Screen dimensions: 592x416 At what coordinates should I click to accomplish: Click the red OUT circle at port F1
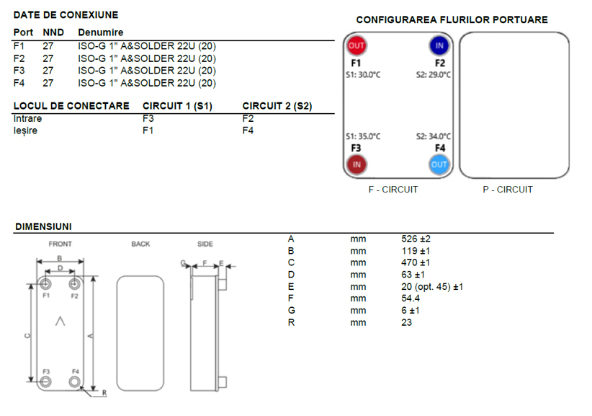356,45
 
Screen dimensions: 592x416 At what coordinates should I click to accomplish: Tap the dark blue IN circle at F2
439,45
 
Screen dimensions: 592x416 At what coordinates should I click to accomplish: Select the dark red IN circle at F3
356,164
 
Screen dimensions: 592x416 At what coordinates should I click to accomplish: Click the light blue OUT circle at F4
439,164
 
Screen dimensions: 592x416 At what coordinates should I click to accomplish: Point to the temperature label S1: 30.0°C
363,75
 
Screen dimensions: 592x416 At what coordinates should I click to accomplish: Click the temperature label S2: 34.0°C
434,136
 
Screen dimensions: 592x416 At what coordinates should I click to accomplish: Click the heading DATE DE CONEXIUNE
66,14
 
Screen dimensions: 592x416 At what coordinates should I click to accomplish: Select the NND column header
53,32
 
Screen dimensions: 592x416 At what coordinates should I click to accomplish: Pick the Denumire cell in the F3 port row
147,71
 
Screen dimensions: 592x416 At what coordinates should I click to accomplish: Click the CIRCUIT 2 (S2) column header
277,106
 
